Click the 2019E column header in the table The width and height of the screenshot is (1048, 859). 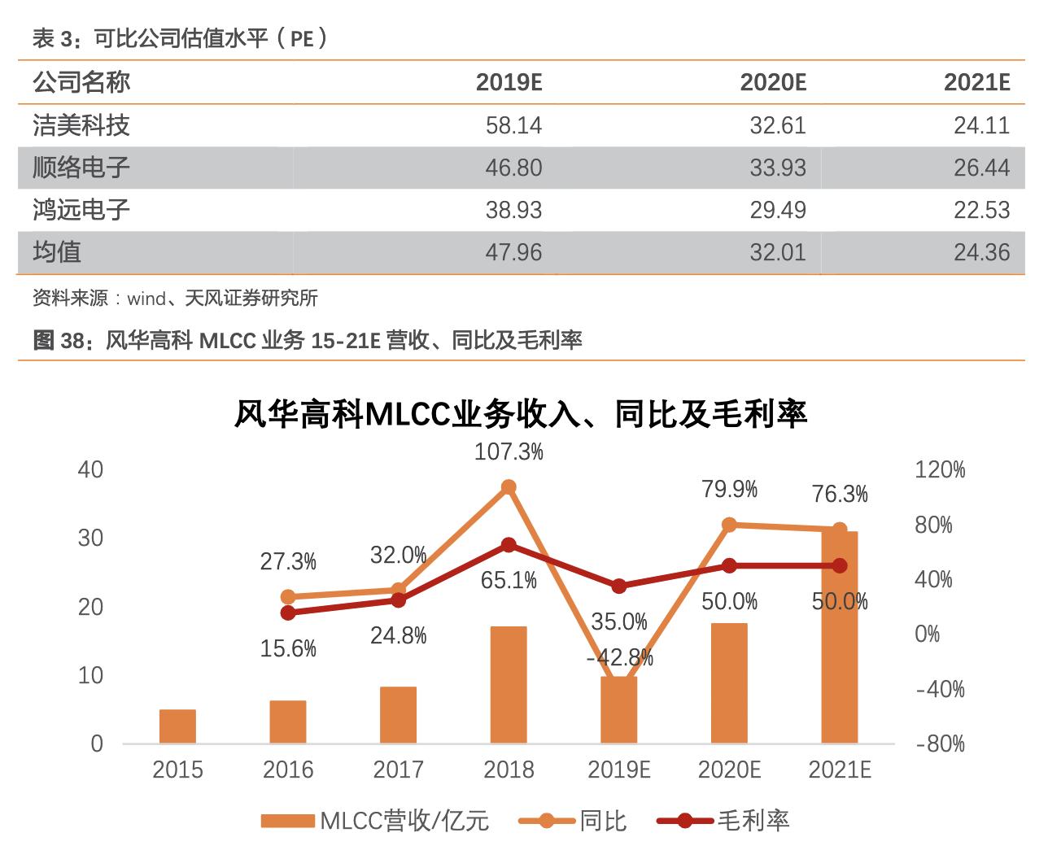(x=509, y=82)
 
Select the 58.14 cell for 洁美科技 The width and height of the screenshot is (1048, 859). (x=513, y=125)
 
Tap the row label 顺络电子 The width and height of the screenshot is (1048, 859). (x=81, y=168)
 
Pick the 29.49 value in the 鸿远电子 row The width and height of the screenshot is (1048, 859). (x=777, y=210)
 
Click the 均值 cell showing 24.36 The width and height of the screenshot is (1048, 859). (x=981, y=252)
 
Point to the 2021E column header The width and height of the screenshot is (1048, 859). (x=976, y=82)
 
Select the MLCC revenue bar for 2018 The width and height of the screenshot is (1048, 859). (x=509, y=684)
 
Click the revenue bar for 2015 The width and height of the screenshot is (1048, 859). (x=177, y=726)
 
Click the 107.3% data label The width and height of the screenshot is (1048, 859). (x=509, y=451)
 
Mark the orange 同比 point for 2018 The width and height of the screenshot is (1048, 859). (x=509, y=487)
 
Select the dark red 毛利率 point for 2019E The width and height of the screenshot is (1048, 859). (x=619, y=586)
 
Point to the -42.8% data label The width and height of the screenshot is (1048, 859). (x=619, y=657)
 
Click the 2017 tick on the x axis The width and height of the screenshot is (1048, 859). (x=398, y=770)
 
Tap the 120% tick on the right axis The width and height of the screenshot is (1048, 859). (x=940, y=469)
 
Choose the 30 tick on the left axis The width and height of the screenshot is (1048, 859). (x=90, y=538)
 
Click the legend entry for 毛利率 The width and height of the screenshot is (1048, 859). (x=724, y=821)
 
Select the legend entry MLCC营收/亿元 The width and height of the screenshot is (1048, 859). (x=375, y=821)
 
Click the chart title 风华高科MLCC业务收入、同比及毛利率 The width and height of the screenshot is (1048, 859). (x=521, y=414)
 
